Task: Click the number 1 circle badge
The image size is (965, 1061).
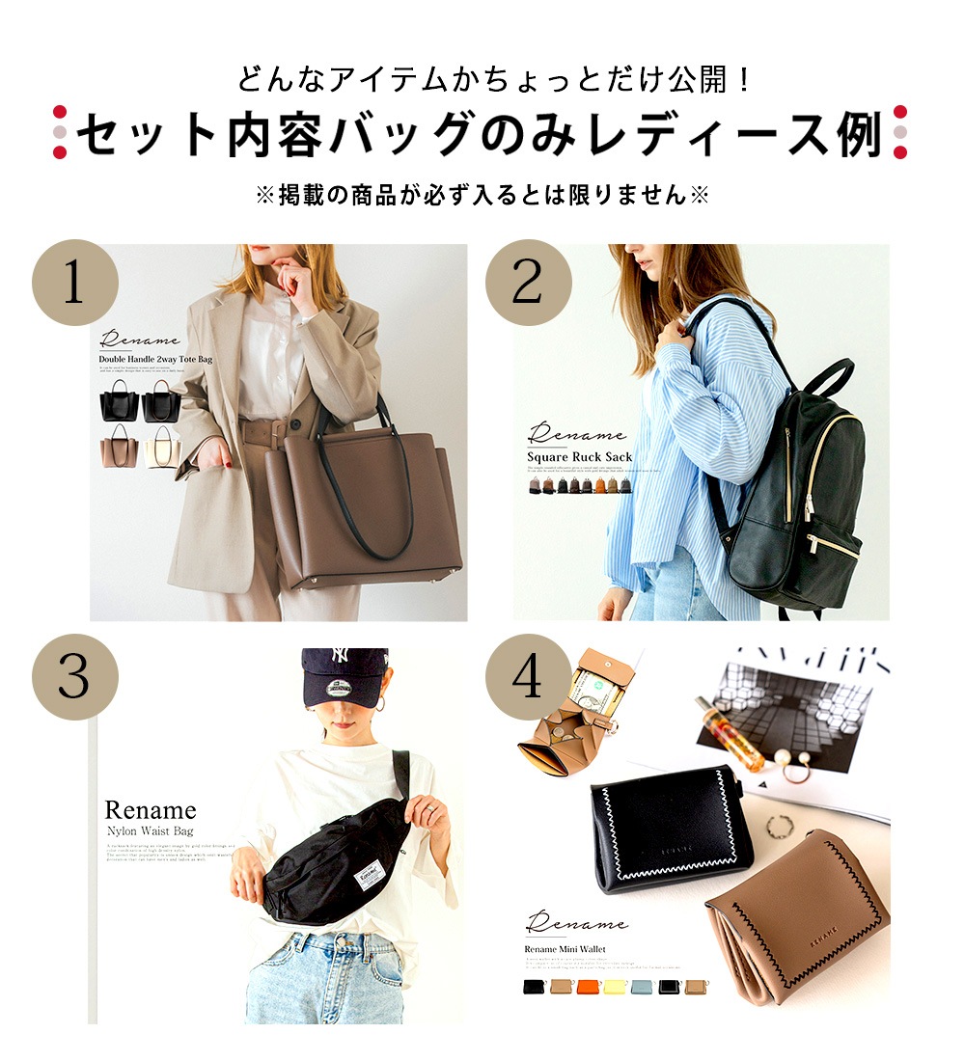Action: click(75, 283)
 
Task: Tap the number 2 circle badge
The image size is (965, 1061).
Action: click(527, 283)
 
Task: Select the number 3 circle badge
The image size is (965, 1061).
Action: click(75, 677)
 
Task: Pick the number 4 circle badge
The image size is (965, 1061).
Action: click(527, 677)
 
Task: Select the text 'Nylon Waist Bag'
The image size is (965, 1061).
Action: click(150, 830)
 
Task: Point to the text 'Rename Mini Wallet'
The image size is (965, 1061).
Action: click(565, 949)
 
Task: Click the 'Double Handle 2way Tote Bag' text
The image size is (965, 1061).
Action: click(155, 360)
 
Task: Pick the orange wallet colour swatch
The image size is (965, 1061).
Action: click(588, 987)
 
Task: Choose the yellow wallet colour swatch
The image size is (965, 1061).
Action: click(615, 987)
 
